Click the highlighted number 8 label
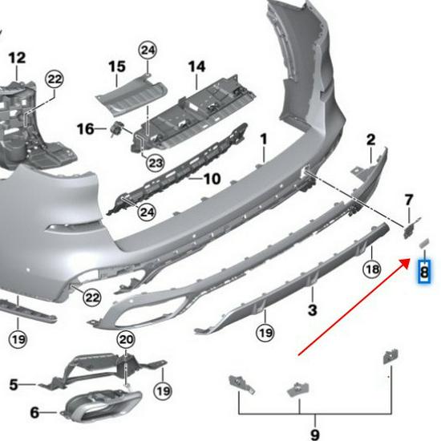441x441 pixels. (423, 273)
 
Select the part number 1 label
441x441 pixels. (262, 140)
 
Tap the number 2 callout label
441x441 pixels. (370, 140)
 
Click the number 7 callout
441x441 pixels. (409, 199)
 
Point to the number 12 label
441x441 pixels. (17, 58)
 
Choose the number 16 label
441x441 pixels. (86, 128)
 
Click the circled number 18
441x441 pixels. (372, 269)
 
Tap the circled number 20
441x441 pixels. (125, 341)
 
